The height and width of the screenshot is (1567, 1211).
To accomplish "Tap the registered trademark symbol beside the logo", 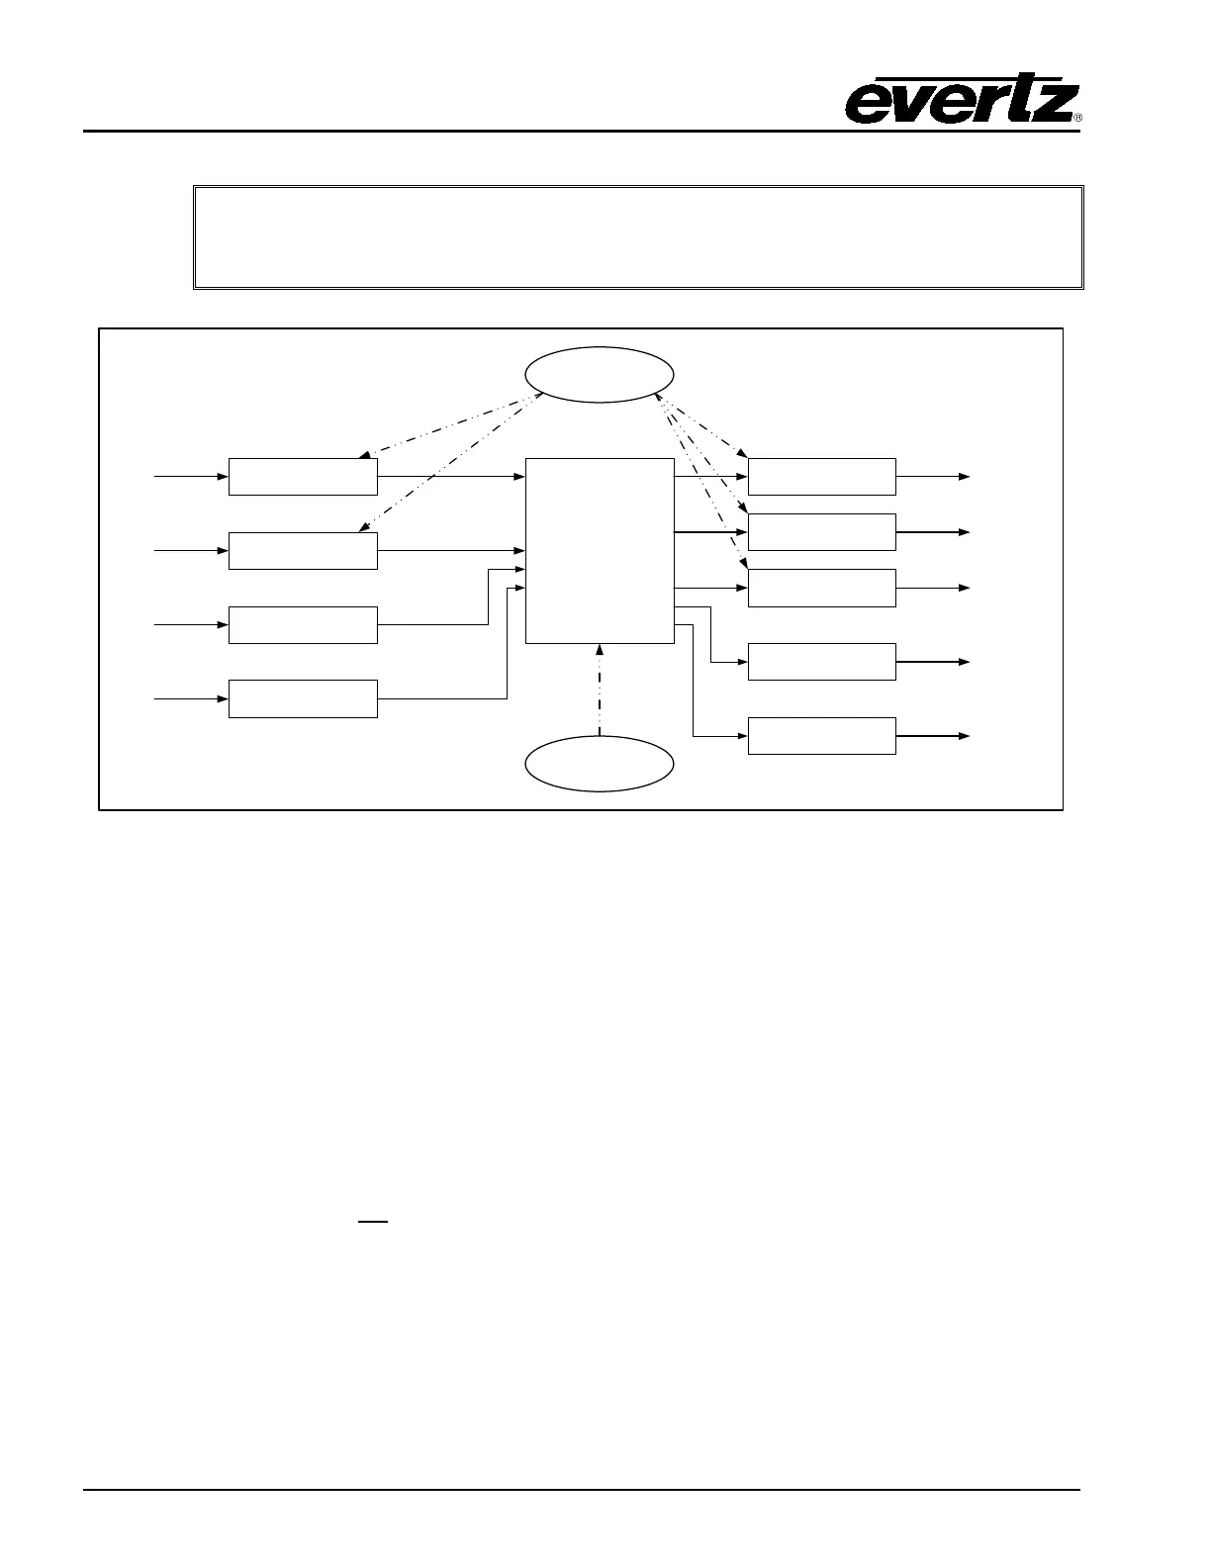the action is point(1077,118).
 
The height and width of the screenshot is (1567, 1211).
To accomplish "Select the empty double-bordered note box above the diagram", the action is point(638,236).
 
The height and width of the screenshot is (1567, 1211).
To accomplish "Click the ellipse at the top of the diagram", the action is point(600,375).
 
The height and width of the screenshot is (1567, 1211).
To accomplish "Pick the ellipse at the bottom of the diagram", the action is point(600,764).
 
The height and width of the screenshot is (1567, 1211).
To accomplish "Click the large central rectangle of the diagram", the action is point(600,550).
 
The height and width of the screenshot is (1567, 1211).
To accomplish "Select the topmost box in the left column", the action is point(303,476).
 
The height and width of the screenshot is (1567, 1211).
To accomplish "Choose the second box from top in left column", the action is point(303,550).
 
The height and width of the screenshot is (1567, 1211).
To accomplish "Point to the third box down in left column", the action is point(303,624).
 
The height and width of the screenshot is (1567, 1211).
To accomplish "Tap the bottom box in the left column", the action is point(303,698).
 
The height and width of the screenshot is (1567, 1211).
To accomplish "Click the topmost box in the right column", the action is point(822,476).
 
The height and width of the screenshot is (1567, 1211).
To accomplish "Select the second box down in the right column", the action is point(822,531).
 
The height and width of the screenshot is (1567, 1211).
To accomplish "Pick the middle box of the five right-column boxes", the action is point(822,588).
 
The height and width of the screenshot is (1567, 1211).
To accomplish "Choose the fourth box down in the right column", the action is point(822,661).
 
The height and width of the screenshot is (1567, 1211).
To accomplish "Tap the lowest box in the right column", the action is point(822,736).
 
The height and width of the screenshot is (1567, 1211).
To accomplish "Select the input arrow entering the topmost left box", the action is point(191,476).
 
